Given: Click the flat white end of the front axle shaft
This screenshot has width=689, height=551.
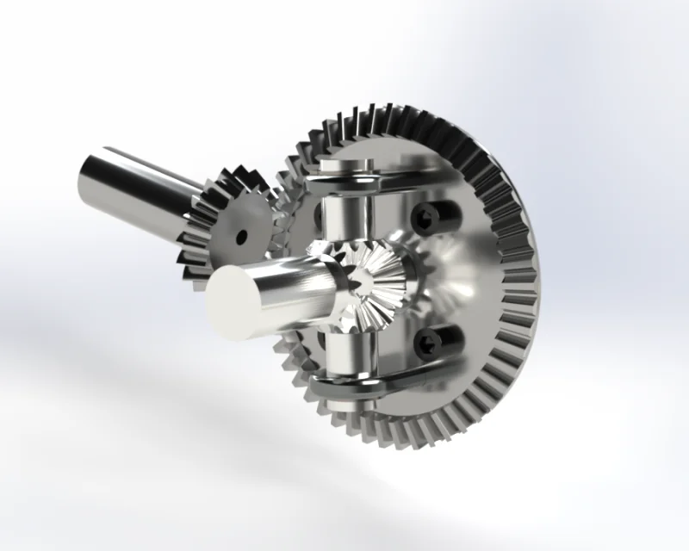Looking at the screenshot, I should click(x=231, y=304).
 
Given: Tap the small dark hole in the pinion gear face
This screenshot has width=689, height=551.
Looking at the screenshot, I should click(x=243, y=235).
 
